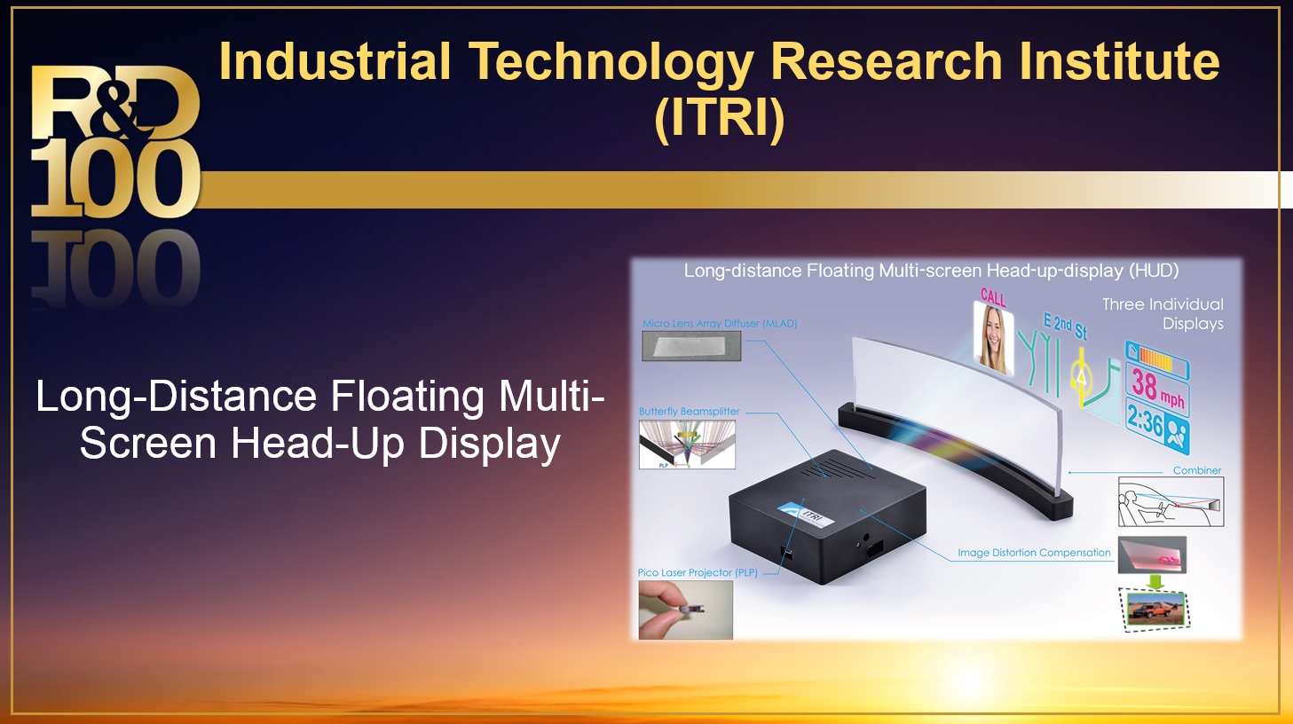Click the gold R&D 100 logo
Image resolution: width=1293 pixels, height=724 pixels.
(115, 141)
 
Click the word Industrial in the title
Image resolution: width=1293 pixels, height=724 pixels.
(335, 61)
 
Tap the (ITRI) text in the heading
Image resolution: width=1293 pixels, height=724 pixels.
(719, 119)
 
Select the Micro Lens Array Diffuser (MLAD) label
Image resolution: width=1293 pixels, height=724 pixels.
(720, 324)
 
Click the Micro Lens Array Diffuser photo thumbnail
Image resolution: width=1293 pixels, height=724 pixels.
(691, 346)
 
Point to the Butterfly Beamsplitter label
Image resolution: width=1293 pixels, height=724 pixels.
(689, 412)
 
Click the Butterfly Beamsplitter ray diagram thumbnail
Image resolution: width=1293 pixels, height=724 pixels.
(687, 445)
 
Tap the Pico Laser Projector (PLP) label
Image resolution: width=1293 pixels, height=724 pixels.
(698, 572)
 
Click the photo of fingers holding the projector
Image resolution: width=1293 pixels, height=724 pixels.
(685, 610)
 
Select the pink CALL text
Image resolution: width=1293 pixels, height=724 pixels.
(993, 297)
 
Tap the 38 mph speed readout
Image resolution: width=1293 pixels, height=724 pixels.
(1156, 389)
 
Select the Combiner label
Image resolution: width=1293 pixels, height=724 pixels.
(1197, 470)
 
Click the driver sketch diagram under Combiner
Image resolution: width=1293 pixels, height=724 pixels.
(1171, 501)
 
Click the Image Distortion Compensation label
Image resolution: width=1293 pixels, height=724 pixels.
(1035, 553)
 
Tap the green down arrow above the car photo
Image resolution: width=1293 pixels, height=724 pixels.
(1155, 581)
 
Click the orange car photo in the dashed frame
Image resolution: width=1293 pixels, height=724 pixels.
(1154, 610)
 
